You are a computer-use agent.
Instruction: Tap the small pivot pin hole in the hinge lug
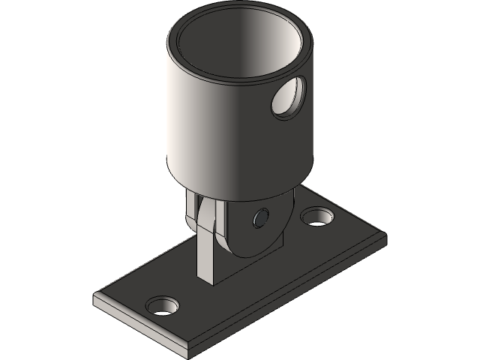(x=260, y=217)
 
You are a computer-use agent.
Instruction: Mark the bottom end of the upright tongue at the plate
(x=208, y=280)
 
